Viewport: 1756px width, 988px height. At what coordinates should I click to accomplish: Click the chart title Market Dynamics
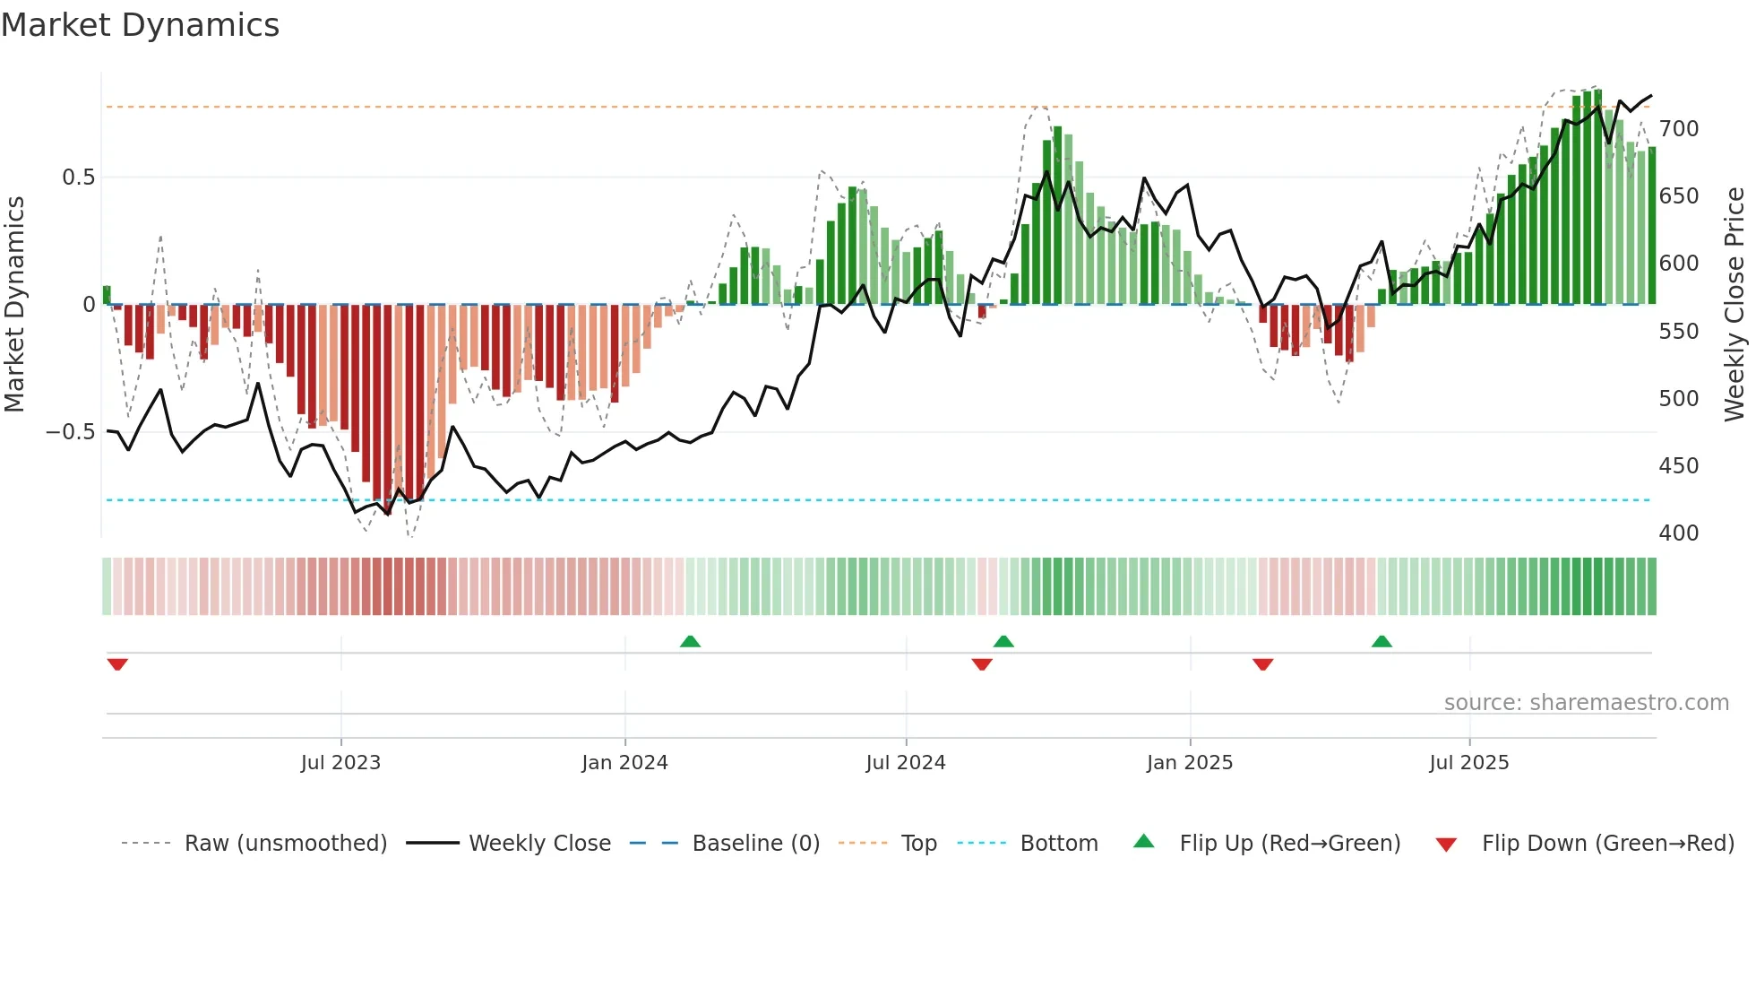[141, 25]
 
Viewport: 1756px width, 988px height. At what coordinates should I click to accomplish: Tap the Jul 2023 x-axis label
[340, 763]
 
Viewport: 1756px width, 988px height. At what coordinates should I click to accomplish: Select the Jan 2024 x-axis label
[624, 763]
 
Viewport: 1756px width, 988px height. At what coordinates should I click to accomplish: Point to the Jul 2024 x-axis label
[906, 763]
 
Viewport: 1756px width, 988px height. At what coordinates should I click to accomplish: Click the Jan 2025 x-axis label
[1190, 763]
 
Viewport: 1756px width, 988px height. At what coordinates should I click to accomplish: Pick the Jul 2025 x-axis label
[1469, 763]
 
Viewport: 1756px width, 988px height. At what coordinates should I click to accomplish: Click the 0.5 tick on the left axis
[79, 178]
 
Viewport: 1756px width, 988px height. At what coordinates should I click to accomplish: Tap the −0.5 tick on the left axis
[71, 432]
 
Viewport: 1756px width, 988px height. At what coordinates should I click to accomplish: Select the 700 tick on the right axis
[1679, 129]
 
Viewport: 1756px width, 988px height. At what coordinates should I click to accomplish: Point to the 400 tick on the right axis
[1679, 533]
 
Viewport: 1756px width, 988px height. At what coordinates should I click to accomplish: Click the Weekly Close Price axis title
[1734, 305]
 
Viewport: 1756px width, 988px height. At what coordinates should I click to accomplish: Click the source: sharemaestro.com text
[1587, 703]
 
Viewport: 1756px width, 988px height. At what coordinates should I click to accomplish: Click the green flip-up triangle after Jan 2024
[690, 642]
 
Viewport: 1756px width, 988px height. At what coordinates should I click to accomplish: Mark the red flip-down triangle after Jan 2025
[1263, 664]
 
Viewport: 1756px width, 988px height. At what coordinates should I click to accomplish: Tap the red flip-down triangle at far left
[117, 664]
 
